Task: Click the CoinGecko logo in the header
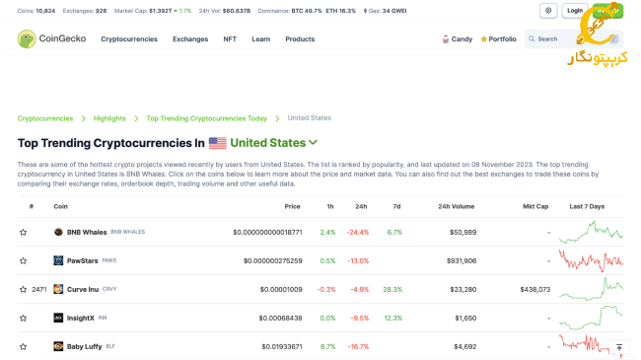(x=51, y=38)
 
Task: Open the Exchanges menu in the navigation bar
(x=189, y=38)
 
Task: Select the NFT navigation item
(x=230, y=38)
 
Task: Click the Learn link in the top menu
(x=260, y=38)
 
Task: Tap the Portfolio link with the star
(x=498, y=38)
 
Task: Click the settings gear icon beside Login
(x=548, y=11)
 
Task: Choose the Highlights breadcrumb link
(x=109, y=118)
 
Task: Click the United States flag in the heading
(x=217, y=143)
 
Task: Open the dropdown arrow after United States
(x=314, y=143)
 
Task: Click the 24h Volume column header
(x=456, y=206)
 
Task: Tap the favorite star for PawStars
(x=24, y=260)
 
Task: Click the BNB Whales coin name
(x=87, y=232)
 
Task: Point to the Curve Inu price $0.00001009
(x=281, y=289)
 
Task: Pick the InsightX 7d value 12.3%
(x=393, y=318)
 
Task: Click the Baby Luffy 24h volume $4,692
(x=463, y=346)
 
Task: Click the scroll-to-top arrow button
(x=618, y=347)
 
